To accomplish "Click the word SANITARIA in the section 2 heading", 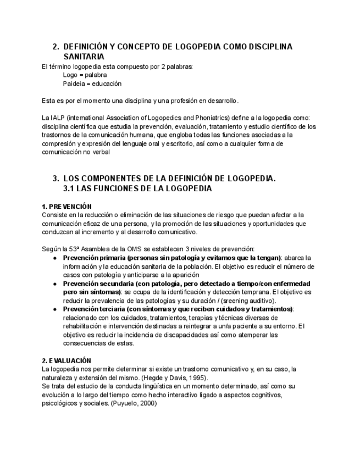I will [83, 57].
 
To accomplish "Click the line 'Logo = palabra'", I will [85, 75].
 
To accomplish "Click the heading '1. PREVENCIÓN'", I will [67, 207].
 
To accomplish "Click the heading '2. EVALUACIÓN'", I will [67, 360].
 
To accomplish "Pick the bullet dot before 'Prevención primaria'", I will [55, 258].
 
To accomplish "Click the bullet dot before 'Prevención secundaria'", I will [55, 284].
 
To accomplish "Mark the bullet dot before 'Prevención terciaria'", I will [55, 309].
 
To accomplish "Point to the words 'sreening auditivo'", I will [248, 301].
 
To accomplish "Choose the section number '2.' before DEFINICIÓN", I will [55, 47].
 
